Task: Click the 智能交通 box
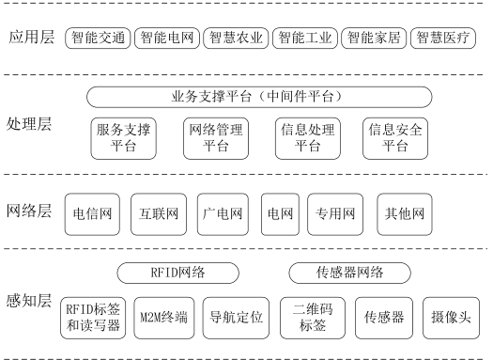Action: (x=98, y=39)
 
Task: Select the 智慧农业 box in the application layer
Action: (x=236, y=39)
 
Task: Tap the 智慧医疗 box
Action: (x=443, y=39)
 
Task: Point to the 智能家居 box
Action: (x=374, y=39)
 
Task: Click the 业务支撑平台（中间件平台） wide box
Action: (x=259, y=97)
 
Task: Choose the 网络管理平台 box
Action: (x=216, y=138)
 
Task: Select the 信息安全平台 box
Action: (x=395, y=138)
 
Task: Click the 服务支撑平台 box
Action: (x=124, y=138)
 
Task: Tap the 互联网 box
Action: (x=159, y=214)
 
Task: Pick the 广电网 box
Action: (x=223, y=214)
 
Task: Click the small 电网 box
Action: (x=280, y=214)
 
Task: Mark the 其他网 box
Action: (x=405, y=214)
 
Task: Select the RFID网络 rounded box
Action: (x=178, y=273)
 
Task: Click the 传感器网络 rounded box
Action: (x=349, y=273)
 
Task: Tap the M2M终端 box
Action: (x=164, y=318)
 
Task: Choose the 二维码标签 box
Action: (x=313, y=318)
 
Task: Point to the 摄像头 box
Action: (x=451, y=318)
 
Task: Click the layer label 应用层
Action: (x=31, y=37)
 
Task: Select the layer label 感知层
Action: (x=29, y=301)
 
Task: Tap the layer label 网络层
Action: (x=29, y=211)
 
